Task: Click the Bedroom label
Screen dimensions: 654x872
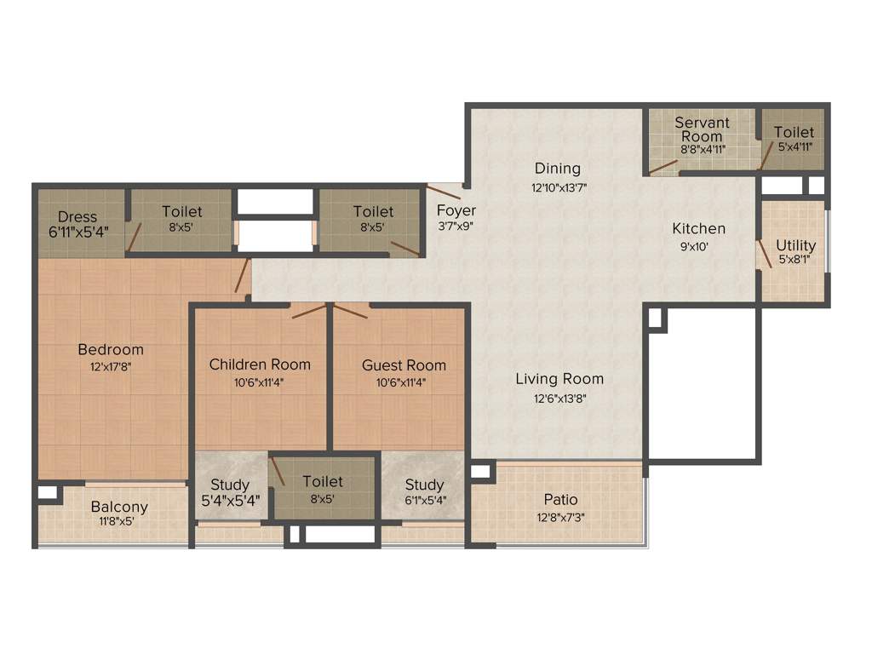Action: click(111, 349)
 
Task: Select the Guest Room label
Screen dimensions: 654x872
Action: click(404, 364)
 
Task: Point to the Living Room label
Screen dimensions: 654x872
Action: click(559, 378)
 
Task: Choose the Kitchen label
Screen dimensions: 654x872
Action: click(699, 228)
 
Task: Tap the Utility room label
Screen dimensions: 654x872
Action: click(795, 245)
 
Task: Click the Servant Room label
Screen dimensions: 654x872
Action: click(702, 129)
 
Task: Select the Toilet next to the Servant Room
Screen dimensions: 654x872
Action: click(794, 132)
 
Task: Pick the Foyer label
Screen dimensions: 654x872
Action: click(456, 210)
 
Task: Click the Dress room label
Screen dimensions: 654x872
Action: click(77, 217)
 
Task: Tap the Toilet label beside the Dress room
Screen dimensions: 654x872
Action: click(182, 211)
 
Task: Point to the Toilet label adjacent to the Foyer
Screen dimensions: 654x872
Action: click(373, 211)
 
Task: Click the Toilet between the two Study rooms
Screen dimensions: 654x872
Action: click(323, 482)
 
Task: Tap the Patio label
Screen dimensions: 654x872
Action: click(560, 499)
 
